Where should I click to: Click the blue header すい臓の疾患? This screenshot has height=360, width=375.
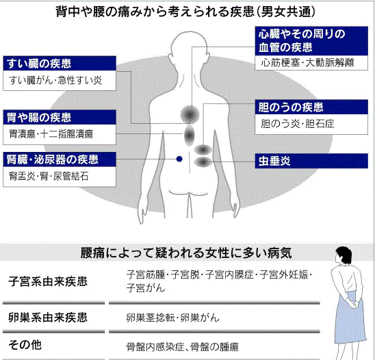(60, 64)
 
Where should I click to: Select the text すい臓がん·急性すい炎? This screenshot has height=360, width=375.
(55, 80)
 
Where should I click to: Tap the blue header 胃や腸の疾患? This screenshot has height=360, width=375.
(60, 117)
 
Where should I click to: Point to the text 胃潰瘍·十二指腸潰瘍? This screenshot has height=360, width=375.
(51, 134)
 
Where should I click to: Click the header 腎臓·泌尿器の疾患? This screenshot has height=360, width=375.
(60, 159)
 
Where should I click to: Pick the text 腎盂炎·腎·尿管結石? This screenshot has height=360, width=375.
(49, 177)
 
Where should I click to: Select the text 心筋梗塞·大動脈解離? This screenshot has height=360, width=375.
(307, 63)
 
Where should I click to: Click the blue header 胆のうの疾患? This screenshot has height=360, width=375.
(311, 107)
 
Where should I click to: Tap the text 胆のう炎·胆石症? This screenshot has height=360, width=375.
(298, 124)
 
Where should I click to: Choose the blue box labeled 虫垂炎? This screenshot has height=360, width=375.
(311, 161)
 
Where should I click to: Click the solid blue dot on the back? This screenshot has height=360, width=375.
(179, 159)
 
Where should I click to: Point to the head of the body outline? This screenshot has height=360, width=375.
(190, 45)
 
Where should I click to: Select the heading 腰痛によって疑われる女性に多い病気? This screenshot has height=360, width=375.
(186, 253)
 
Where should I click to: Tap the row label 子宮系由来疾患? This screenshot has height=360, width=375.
(48, 281)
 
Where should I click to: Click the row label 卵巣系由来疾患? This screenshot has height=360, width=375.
(48, 318)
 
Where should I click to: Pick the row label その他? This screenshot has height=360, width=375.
(25, 345)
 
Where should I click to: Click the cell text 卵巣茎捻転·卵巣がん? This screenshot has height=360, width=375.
(172, 318)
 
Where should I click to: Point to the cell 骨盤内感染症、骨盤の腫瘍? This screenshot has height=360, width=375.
(182, 347)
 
